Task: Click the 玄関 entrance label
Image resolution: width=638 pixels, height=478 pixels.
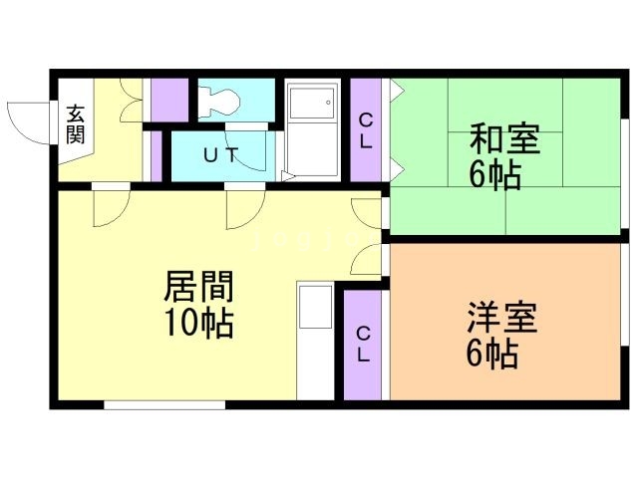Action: pos(76,124)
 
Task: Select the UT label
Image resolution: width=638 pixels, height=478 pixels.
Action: pos(220,154)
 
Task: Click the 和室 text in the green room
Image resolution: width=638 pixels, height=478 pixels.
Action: pos(505,139)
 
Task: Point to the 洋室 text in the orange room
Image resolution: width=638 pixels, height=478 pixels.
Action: pos(501,317)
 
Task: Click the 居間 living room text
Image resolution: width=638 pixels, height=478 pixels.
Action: pos(199,287)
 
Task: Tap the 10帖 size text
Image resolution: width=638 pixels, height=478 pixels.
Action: pos(199,323)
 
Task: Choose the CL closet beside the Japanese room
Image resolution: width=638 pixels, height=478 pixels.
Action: pos(366,130)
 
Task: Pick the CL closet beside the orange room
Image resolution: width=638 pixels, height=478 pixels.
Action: pos(363,345)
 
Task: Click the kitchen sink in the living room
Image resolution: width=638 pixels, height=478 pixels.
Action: pos(315,307)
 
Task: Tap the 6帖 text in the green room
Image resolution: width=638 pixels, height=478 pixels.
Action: pos(495,175)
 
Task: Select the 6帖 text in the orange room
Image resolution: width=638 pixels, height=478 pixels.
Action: pos(491,354)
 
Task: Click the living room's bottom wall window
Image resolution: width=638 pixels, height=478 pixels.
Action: pos(164,404)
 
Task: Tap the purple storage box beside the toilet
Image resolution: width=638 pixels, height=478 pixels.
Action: pos(169,100)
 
